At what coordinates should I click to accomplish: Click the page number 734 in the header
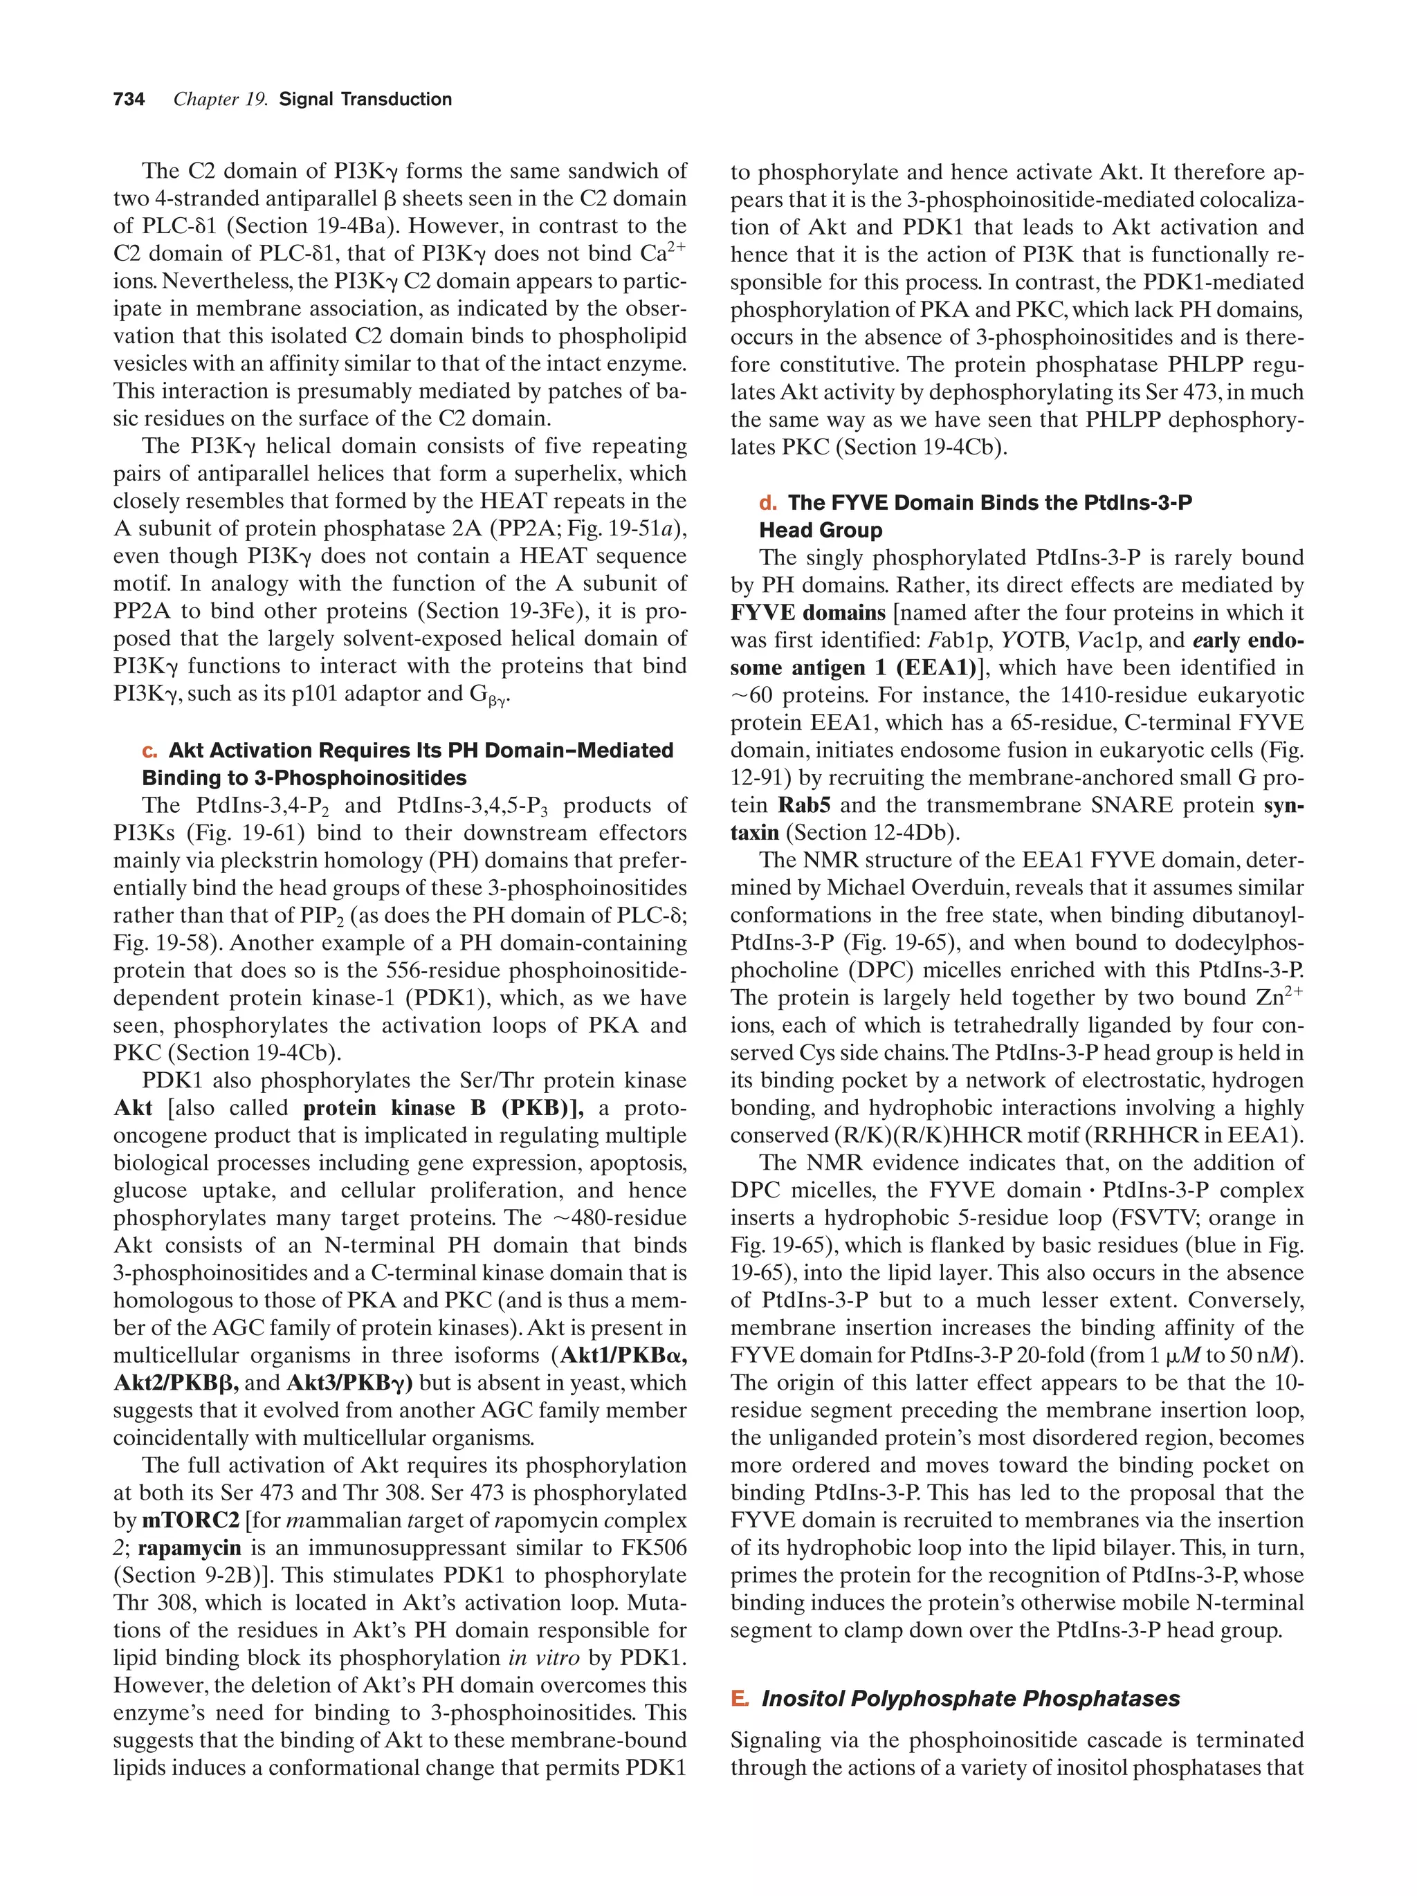129,100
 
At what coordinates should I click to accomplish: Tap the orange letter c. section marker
150,751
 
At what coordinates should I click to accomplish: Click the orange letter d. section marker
768,503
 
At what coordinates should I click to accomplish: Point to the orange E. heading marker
739,1699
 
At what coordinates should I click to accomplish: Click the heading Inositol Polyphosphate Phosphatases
971,1699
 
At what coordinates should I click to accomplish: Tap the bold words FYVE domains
807,613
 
